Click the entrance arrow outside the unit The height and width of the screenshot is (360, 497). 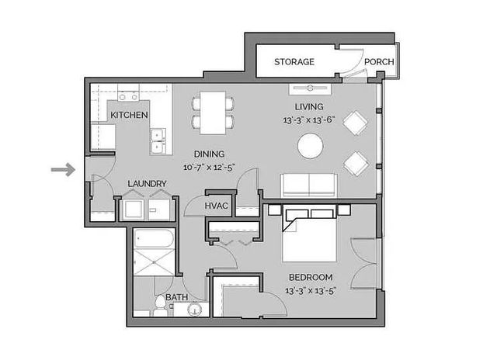pos(63,168)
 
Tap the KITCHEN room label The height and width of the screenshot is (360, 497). pos(129,115)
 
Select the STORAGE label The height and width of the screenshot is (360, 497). pos(294,62)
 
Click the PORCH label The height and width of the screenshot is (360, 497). pos(379,62)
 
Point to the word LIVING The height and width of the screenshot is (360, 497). pos(308,106)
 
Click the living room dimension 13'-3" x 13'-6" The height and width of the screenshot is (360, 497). pos(308,120)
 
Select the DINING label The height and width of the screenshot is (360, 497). pos(209,154)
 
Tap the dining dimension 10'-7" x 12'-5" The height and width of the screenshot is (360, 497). pos(209,167)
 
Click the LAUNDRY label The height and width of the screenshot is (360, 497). pos(147,184)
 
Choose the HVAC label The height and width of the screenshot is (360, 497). pos(215,206)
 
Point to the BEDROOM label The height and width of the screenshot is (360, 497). pos(311,278)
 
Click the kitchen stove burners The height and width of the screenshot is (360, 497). pos(129,98)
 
